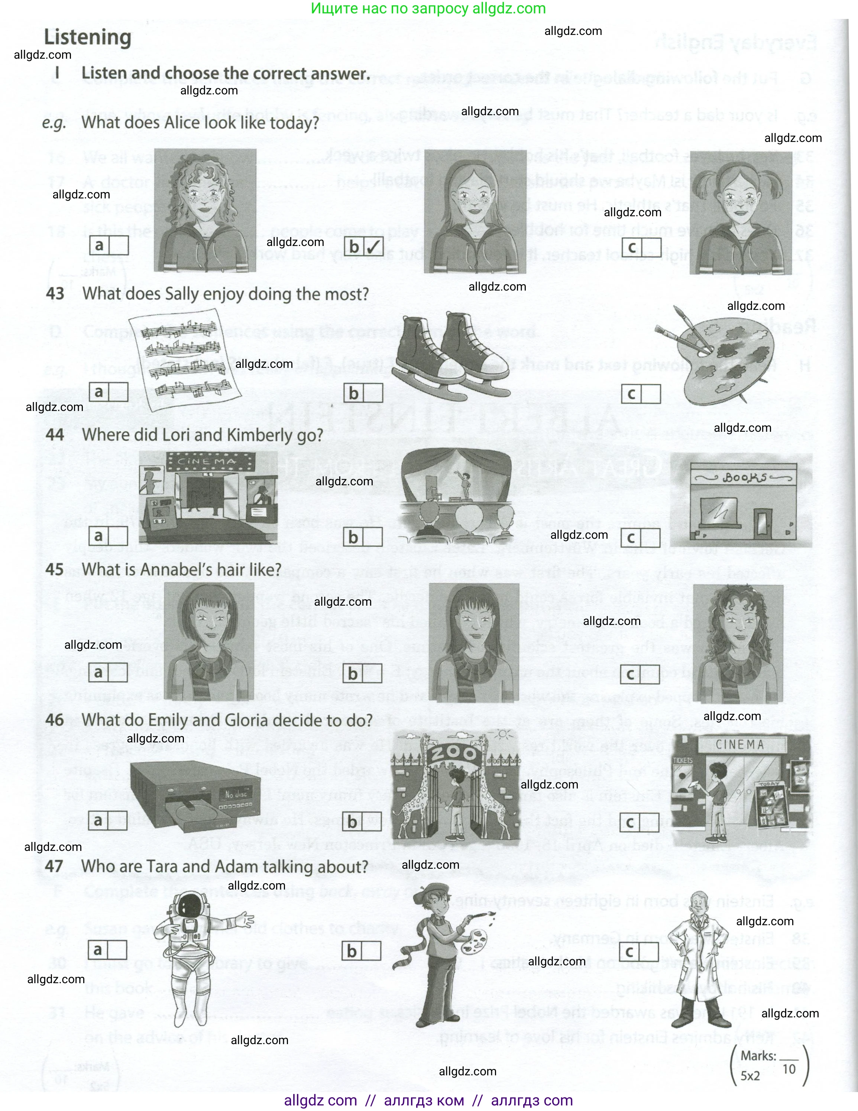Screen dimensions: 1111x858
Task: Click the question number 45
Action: coord(54,570)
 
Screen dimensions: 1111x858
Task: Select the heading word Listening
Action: coord(87,38)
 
